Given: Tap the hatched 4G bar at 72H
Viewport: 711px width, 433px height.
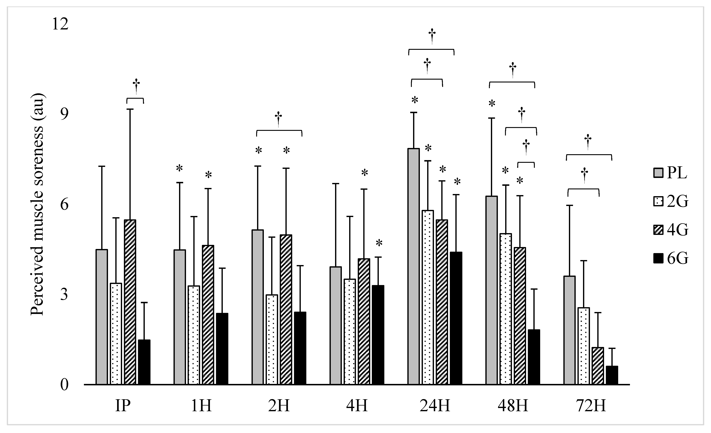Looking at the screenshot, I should pyautogui.click(x=598, y=366).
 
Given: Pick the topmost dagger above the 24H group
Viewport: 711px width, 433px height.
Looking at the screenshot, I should pyautogui.click(x=432, y=36).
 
